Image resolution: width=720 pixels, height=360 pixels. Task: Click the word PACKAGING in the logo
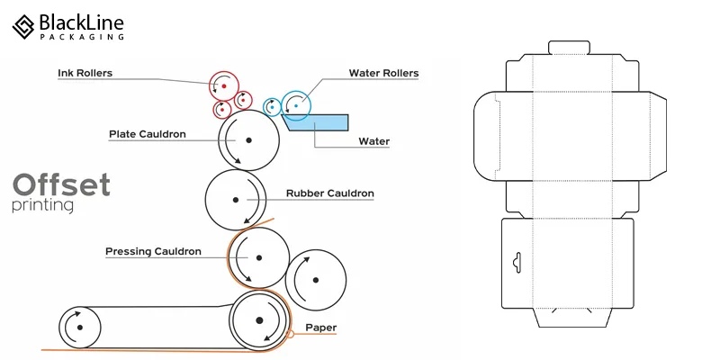pyautogui.click(x=82, y=37)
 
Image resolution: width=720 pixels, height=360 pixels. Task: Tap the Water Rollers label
pyautogui.click(x=383, y=73)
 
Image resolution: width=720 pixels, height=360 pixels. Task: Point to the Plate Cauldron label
pyautogui.click(x=147, y=134)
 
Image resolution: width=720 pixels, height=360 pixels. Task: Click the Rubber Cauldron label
pyautogui.click(x=329, y=193)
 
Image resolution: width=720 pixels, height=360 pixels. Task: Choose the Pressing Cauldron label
pyautogui.click(x=153, y=251)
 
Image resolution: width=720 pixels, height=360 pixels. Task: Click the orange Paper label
pyautogui.click(x=321, y=327)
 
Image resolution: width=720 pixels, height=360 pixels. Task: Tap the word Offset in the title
pyautogui.click(x=61, y=185)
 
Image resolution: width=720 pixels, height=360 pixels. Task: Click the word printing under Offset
pyautogui.click(x=43, y=207)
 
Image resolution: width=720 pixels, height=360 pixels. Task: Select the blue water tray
pyautogui.click(x=319, y=122)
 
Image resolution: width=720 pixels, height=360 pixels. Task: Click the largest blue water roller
pyautogui.click(x=296, y=105)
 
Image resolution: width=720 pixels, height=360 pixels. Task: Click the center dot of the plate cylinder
pyautogui.click(x=247, y=141)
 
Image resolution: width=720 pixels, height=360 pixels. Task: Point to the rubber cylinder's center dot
pyautogui.click(x=236, y=199)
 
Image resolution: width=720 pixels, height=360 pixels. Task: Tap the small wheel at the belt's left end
pyautogui.click(x=78, y=327)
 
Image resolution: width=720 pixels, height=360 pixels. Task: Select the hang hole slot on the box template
pyautogui.click(x=515, y=262)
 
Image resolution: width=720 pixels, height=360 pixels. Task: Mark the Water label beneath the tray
pyautogui.click(x=373, y=141)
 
